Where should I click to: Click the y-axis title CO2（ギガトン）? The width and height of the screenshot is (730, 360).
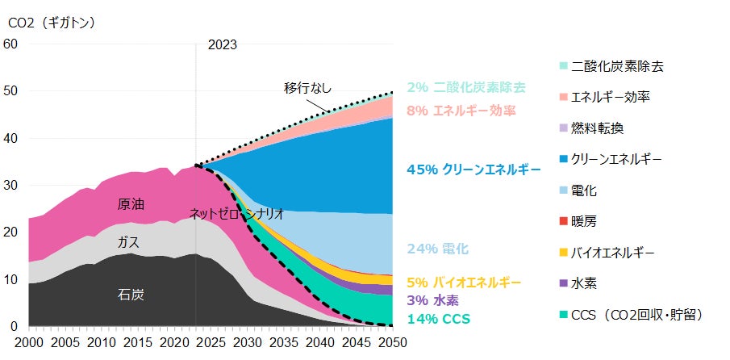pyautogui.click(x=52, y=23)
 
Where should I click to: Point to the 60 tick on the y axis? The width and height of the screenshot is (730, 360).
pyautogui.click(x=10, y=44)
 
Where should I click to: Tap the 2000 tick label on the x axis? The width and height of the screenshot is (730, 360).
pyautogui.click(x=28, y=343)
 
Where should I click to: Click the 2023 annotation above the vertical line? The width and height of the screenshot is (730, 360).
pyautogui.click(x=222, y=46)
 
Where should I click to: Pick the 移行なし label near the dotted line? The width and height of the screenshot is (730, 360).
pyautogui.click(x=307, y=87)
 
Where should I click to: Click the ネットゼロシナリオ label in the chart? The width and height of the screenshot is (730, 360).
pyautogui.click(x=236, y=214)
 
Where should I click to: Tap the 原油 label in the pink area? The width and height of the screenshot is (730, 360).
pyautogui.click(x=131, y=204)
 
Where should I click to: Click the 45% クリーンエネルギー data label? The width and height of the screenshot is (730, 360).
pyautogui.click(x=473, y=170)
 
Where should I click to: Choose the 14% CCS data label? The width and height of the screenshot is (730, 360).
pyautogui.click(x=439, y=319)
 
